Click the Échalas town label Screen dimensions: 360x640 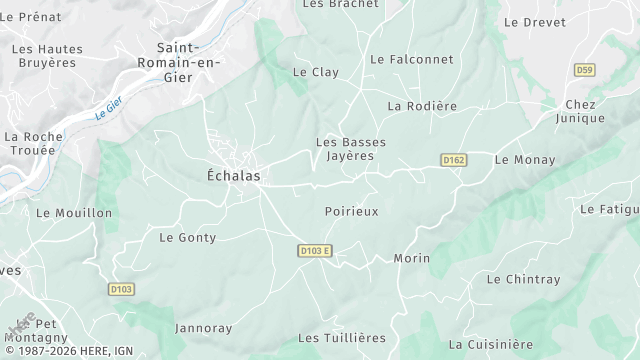click(233, 175)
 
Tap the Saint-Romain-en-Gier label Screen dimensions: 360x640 click(190, 62)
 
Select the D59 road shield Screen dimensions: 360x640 click(585, 69)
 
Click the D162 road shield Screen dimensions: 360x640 click(453, 160)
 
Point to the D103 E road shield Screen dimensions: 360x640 click(314, 250)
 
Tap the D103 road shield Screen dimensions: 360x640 click(121, 289)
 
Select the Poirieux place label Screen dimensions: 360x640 click(352, 211)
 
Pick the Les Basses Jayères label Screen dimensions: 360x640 click(350, 149)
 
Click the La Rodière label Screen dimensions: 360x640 click(422, 106)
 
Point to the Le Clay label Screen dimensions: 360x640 click(315, 72)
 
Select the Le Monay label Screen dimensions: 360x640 click(524, 159)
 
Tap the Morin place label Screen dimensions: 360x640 click(411, 258)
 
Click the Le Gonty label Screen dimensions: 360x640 click(188, 237)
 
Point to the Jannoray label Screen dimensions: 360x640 click(203, 328)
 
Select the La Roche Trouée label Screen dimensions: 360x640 click(33, 143)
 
